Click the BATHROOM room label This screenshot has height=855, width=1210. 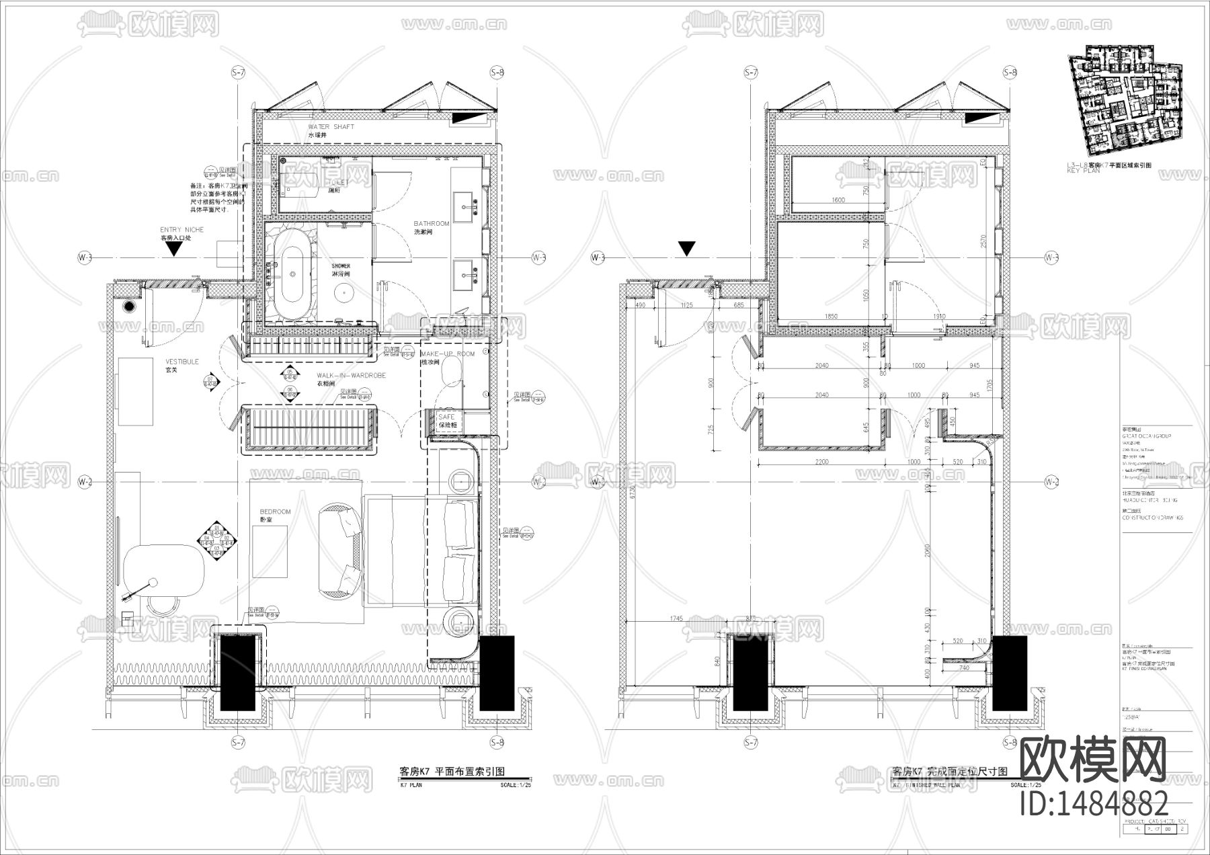[432, 224]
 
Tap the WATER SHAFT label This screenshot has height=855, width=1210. [331, 127]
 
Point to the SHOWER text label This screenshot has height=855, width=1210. [341, 266]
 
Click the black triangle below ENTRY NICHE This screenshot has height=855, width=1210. [175, 249]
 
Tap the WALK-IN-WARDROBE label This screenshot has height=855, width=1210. [351, 376]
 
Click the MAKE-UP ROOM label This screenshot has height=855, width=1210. [447, 354]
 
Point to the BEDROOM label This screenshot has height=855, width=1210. [275, 512]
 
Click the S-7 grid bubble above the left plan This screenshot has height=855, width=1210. [238, 72]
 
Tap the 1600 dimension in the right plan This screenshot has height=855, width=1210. [838, 200]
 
